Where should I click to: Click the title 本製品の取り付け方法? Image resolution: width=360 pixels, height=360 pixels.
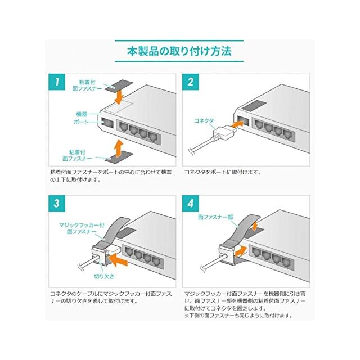pos(179,51)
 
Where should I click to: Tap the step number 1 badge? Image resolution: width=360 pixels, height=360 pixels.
pos(57,82)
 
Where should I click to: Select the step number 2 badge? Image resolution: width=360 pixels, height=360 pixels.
pos(191,82)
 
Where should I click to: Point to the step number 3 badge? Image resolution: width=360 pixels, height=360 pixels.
pos(57,204)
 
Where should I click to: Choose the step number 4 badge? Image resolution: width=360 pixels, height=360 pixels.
pos(191,204)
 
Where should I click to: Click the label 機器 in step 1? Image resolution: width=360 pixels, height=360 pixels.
pos(82,114)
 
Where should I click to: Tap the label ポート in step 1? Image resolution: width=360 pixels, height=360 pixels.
pos(81,121)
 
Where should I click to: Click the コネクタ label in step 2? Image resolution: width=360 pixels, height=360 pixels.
pos(204,120)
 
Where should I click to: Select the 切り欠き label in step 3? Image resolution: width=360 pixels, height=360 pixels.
pos(104,276)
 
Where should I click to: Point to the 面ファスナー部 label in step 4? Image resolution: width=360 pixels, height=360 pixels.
pos(215,217)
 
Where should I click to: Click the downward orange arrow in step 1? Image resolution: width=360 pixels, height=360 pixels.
pos(119,97)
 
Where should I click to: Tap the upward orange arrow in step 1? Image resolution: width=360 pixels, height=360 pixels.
pos(119,147)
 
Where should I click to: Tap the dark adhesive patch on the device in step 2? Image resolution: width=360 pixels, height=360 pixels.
pos(254,106)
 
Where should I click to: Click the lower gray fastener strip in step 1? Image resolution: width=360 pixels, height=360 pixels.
pos(119,157)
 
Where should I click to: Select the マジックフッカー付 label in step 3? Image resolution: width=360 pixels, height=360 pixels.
pos(82,225)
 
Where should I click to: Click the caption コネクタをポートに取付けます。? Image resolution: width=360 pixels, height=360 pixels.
pos(223,172)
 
